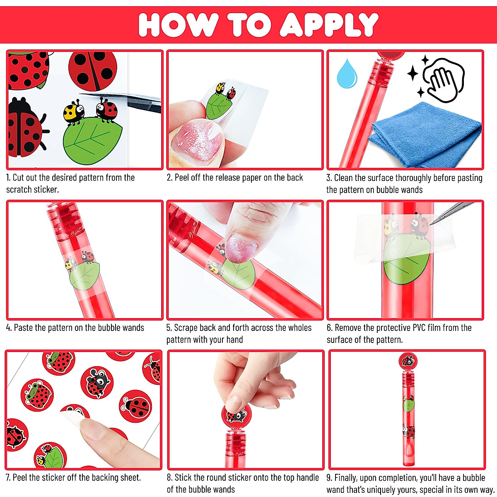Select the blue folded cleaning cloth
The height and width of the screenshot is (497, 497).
click(x=427, y=128)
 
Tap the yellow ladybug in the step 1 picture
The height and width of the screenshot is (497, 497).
click(x=74, y=112)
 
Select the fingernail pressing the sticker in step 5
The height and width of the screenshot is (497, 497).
click(x=243, y=248)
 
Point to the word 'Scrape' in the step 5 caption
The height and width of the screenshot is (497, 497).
click(x=186, y=328)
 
